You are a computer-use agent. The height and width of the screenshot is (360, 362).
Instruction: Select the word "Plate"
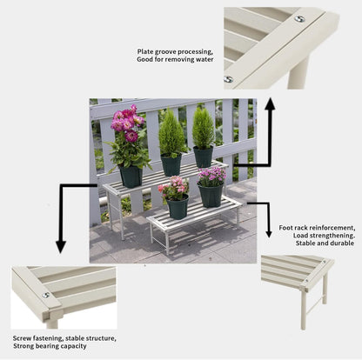[145, 52]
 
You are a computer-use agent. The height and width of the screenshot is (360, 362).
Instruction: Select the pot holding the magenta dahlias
[131, 176]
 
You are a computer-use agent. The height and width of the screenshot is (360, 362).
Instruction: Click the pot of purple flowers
[211, 194]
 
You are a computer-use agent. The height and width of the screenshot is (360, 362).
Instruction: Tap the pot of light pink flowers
[178, 207]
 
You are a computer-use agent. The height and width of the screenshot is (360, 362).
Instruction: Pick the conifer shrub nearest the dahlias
[171, 137]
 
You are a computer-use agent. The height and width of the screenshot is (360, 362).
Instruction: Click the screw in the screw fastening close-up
[46, 294]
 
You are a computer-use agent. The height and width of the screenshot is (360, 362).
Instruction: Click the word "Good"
[147, 61]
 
